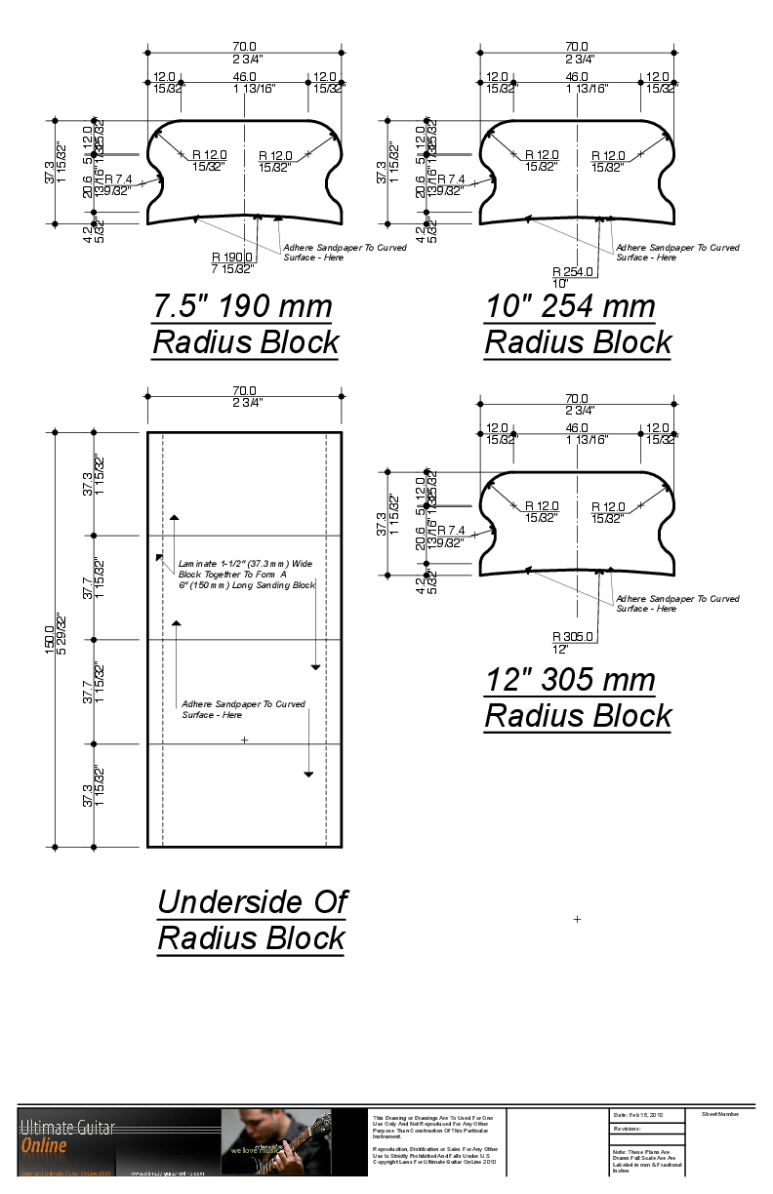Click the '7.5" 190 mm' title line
(x=243, y=306)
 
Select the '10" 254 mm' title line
(x=571, y=306)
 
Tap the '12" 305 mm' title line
(x=571, y=680)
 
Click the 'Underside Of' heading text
(x=252, y=901)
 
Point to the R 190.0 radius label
(x=232, y=257)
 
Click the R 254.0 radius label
(x=573, y=271)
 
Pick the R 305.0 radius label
(x=573, y=637)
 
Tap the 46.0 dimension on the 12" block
(x=577, y=427)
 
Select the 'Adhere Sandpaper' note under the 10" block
(x=677, y=253)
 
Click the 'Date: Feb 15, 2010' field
(x=639, y=1114)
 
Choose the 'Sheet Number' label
(x=720, y=1113)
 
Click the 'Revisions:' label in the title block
(x=628, y=1128)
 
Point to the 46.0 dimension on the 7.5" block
(x=244, y=76)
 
